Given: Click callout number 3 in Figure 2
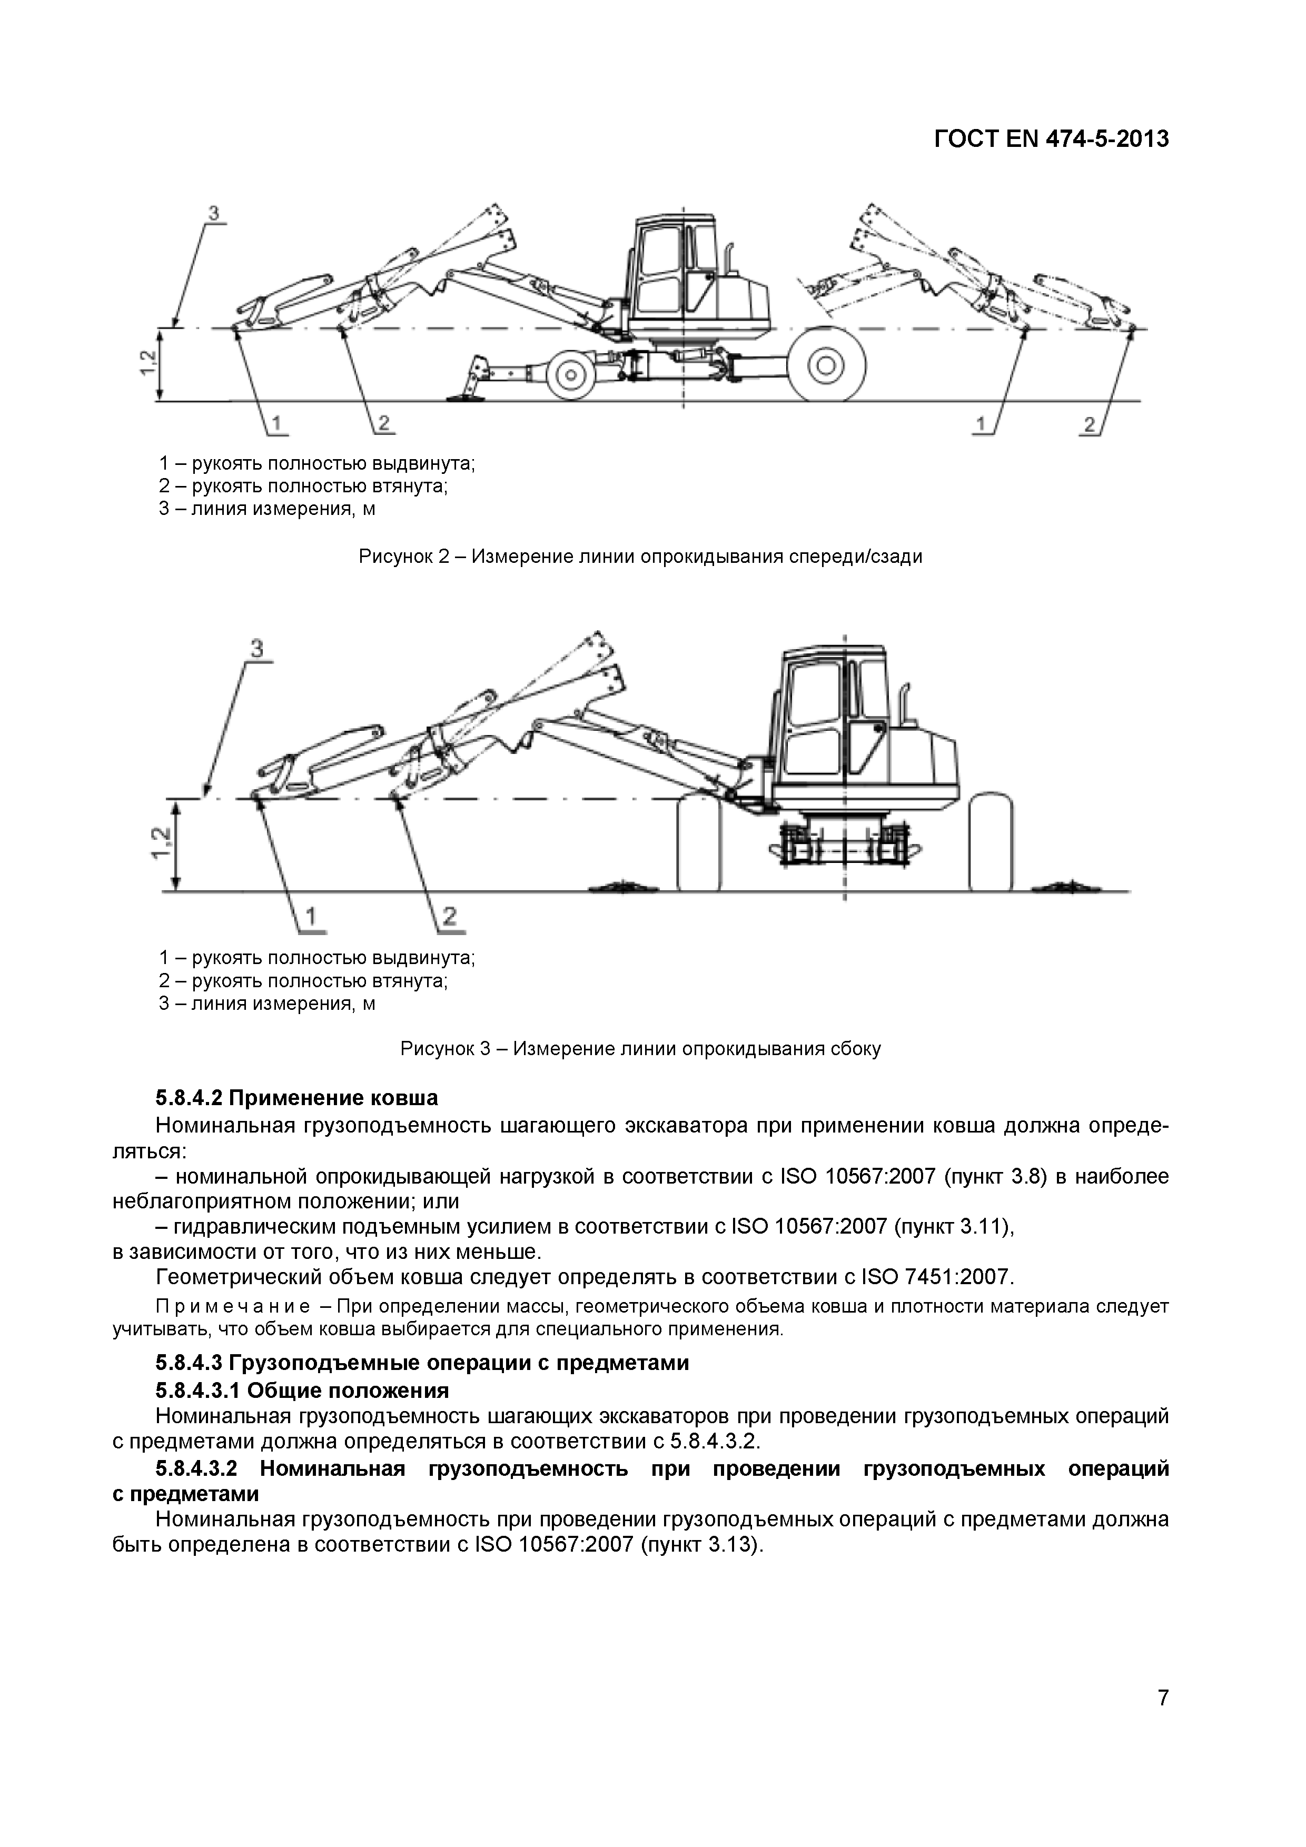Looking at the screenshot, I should [x=213, y=214].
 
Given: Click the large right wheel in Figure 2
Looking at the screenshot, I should [x=826, y=366].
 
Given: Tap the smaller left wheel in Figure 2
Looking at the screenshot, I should [x=570, y=372].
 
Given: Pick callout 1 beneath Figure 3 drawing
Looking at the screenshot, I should [x=311, y=916].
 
